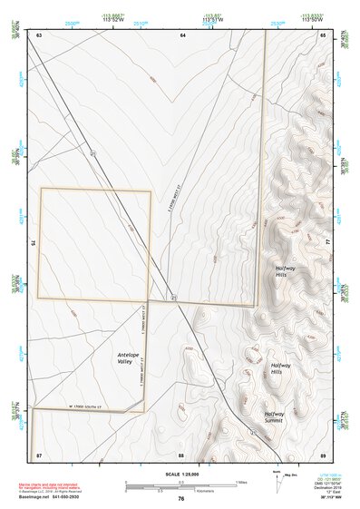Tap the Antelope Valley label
pos(131,358)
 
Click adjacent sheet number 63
pos(39,34)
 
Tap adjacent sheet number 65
pos(323,34)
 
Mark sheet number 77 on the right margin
pos(328,243)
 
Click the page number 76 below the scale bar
pos(181,498)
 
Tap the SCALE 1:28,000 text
pos(180,475)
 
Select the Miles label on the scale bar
pos(241,481)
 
